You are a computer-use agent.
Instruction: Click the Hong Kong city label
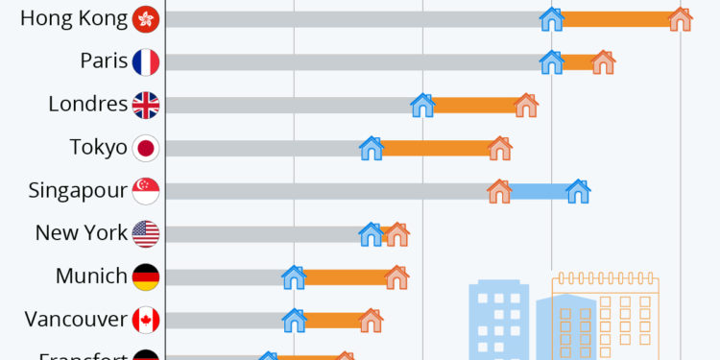(x=73, y=18)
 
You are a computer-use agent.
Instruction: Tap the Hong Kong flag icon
(x=146, y=19)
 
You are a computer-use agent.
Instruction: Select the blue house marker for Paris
(x=551, y=62)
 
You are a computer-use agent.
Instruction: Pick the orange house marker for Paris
(x=603, y=62)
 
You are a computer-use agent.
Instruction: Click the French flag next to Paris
(x=146, y=62)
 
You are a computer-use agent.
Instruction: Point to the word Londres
(x=87, y=105)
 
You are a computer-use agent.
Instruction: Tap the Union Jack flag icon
(x=146, y=106)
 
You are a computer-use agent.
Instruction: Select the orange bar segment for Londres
(x=474, y=106)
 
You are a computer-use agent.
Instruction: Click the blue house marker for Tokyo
(x=372, y=148)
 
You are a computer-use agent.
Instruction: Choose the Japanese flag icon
(x=146, y=148)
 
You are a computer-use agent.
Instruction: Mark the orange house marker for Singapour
(x=499, y=191)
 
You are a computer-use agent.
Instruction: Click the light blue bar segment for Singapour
(x=539, y=191)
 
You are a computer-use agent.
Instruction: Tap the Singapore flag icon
(x=146, y=191)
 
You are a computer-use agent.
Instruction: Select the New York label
(x=81, y=233)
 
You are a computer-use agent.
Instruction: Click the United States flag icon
(x=146, y=234)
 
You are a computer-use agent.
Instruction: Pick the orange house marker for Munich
(x=396, y=277)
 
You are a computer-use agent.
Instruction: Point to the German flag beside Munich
(x=146, y=277)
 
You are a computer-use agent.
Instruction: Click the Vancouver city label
(x=76, y=320)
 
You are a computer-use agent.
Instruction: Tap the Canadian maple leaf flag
(x=146, y=321)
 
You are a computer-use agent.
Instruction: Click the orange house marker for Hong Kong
(x=680, y=19)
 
